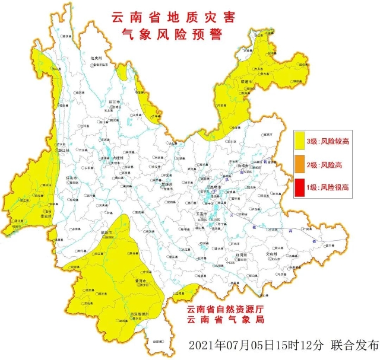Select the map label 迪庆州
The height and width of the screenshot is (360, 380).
pos(97,58)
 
